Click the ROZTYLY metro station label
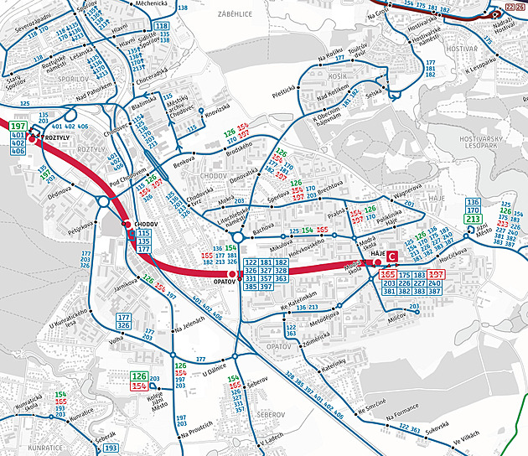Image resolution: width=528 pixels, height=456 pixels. (56, 137)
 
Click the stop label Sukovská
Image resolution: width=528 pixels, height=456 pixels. (437, 433)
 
